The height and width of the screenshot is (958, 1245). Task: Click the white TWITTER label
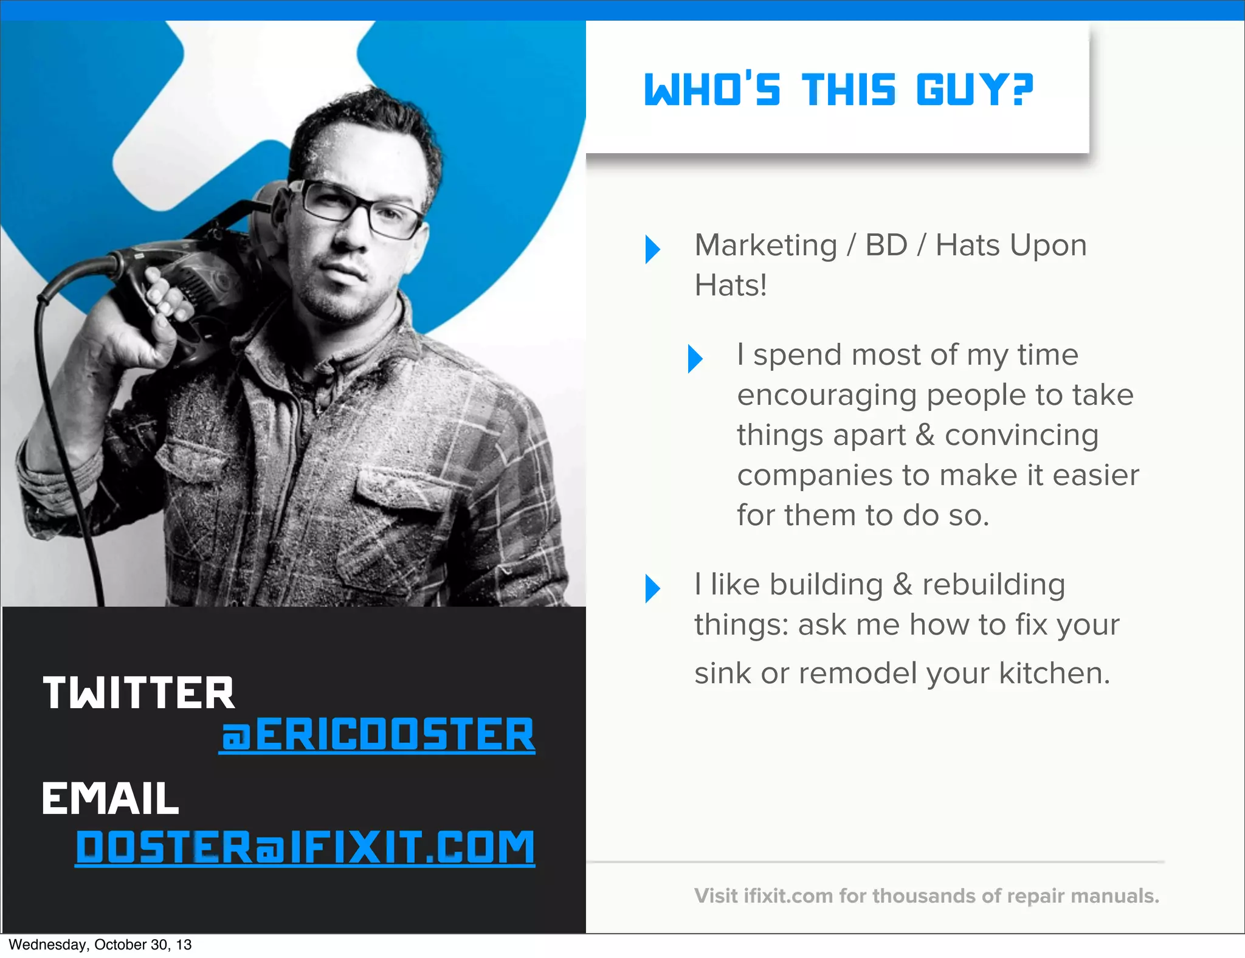(x=139, y=693)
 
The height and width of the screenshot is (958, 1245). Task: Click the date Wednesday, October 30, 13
(x=100, y=945)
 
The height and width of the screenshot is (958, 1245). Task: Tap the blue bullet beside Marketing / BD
(x=652, y=249)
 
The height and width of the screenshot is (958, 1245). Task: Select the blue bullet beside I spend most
(x=695, y=358)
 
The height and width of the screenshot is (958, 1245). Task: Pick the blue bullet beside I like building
(x=652, y=588)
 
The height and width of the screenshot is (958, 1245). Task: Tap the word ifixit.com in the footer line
(x=788, y=896)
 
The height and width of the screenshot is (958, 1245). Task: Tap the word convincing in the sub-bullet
(x=1021, y=435)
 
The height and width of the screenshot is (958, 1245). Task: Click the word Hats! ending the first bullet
(x=731, y=286)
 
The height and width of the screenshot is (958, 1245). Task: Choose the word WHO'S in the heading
(x=712, y=90)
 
